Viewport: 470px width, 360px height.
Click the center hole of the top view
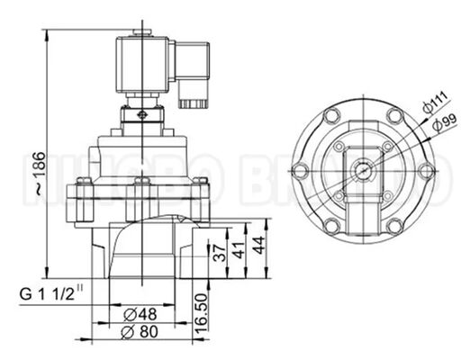coord(363,167)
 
